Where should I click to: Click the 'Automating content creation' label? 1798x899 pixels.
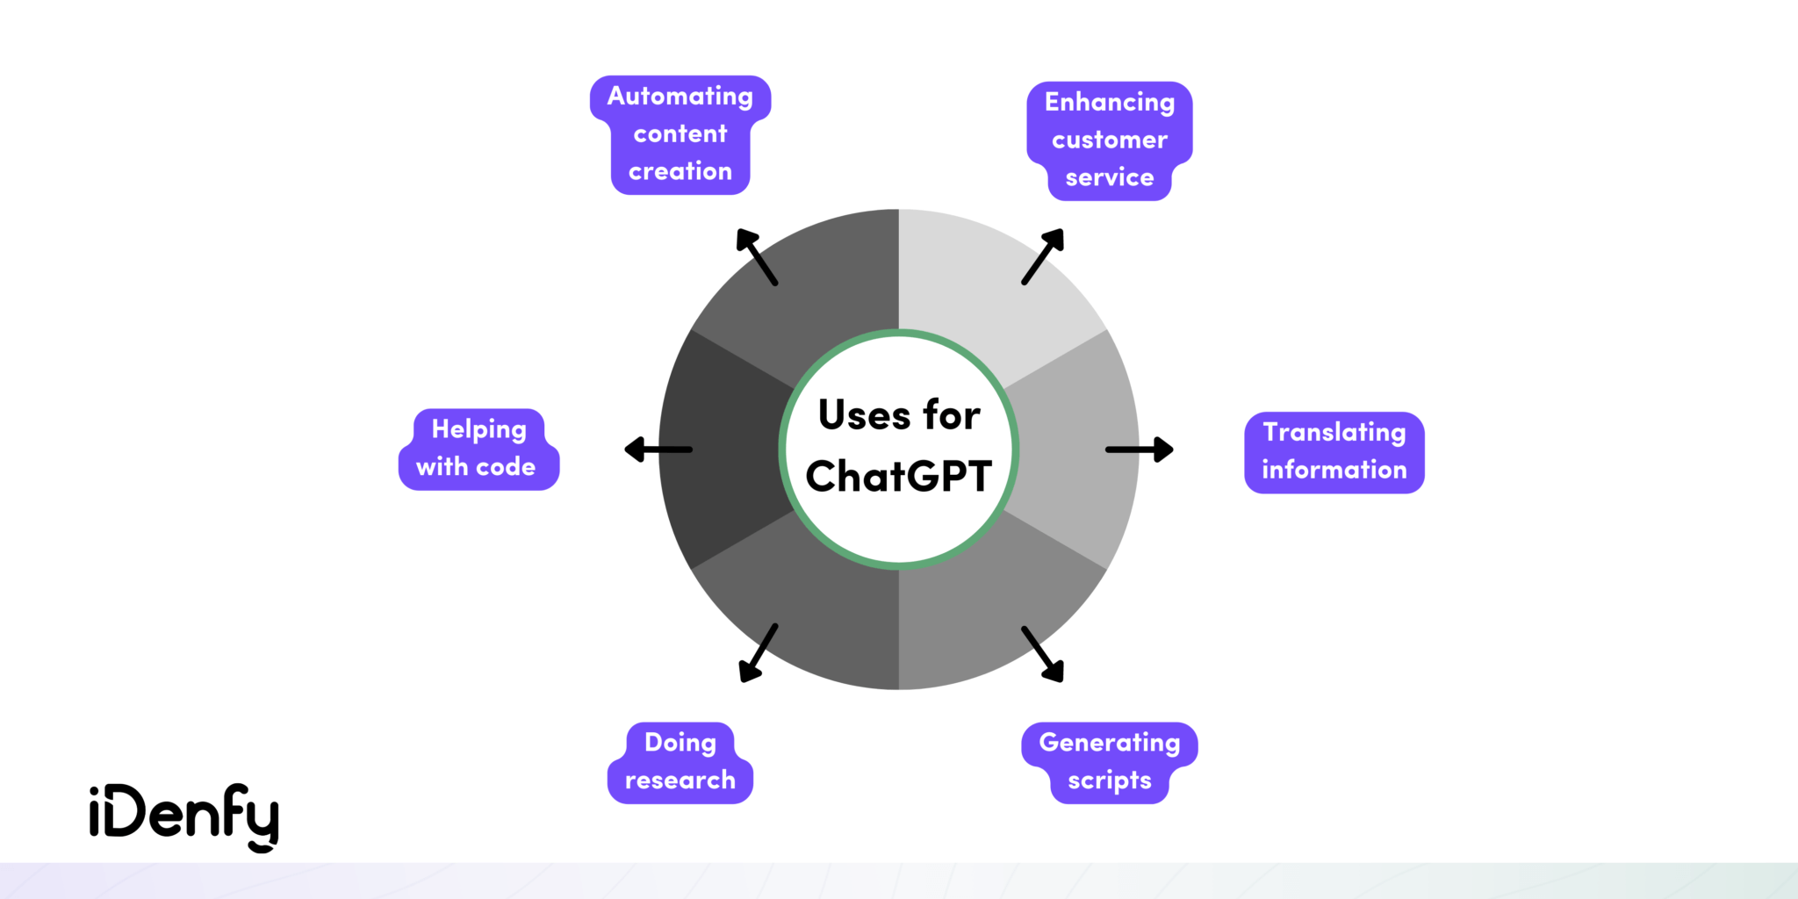coord(680,134)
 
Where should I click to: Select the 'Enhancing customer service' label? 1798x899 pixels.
coord(1110,140)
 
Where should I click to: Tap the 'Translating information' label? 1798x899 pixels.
coord(1334,452)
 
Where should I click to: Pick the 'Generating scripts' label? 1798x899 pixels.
coord(1110,762)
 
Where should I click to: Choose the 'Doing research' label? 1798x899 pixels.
coord(680,762)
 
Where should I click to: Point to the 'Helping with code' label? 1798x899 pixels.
coord(478,449)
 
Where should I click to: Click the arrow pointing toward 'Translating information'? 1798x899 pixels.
coord(1139,449)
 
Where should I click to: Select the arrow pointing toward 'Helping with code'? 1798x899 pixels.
coord(658,449)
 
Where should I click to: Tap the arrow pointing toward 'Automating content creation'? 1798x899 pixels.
coord(757,257)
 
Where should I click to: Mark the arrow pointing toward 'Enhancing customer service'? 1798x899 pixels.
coord(1042,257)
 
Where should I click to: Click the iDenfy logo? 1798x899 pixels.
coord(184,816)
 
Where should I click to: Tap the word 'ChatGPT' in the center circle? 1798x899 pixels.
coord(899,477)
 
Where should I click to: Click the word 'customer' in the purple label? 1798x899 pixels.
coord(1110,140)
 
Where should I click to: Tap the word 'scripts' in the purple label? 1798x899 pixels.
coord(1110,780)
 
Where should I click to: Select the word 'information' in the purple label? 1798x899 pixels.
coord(1334,471)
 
